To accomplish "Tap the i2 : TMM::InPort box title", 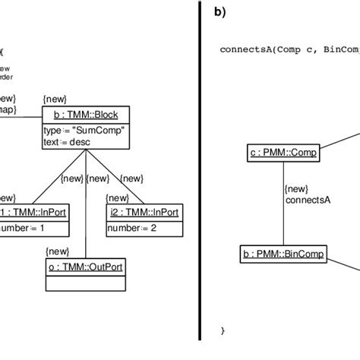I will (x=144, y=213).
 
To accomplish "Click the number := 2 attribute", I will (x=132, y=226).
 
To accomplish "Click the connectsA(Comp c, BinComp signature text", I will (x=289, y=49).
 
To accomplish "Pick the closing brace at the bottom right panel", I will (x=223, y=330).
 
